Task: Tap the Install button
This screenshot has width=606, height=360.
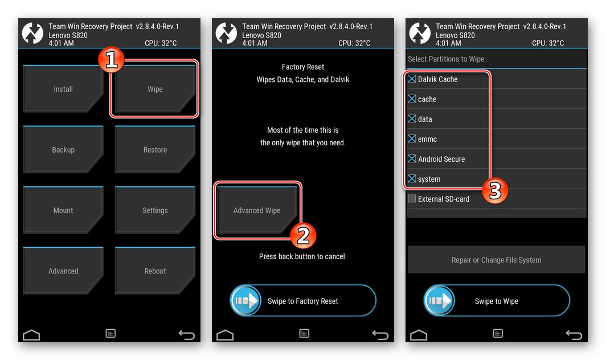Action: click(x=63, y=89)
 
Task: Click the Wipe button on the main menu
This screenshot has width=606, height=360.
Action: click(x=155, y=89)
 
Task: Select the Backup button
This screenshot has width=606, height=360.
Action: click(x=63, y=150)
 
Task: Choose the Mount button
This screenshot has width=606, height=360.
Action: click(x=63, y=210)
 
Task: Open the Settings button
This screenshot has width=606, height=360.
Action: click(x=155, y=210)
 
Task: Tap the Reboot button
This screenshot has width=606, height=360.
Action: click(x=155, y=271)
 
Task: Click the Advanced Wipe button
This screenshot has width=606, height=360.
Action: click(x=257, y=210)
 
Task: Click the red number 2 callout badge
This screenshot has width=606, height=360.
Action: click(x=303, y=235)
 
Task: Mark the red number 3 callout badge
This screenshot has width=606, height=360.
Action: click(x=496, y=191)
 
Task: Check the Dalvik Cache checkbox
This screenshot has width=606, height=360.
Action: click(x=412, y=79)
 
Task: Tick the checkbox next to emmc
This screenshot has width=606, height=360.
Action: click(x=412, y=139)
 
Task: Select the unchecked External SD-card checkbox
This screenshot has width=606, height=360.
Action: click(x=412, y=199)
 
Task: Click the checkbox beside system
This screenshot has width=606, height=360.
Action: click(x=412, y=179)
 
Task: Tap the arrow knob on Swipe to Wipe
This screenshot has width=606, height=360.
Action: click(x=439, y=301)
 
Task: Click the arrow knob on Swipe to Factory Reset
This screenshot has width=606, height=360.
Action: click(x=245, y=301)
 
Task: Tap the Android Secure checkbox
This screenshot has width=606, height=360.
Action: click(x=412, y=159)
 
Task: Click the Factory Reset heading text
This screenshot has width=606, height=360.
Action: click(x=303, y=67)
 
